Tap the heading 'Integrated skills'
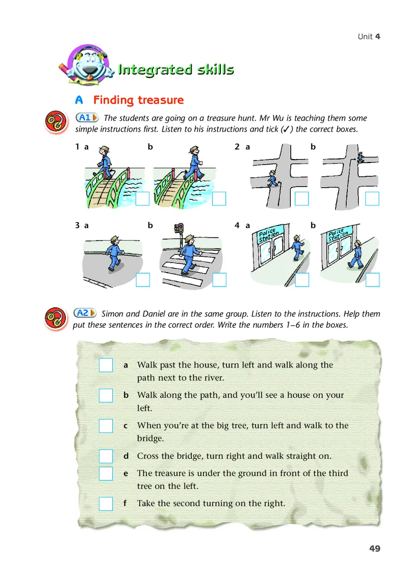click(176, 69)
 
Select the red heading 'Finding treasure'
click(138, 100)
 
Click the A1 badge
click(87, 117)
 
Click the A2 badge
click(85, 313)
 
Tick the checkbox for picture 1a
click(142, 199)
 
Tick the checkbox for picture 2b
click(372, 199)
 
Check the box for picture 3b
click(219, 280)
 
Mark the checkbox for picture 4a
click(302, 280)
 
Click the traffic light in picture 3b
click(180, 229)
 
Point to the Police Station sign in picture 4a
click(268, 234)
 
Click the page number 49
click(375, 548)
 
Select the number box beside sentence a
click(106, 365)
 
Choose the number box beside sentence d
click(106, 456)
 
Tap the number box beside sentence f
click(106, 504)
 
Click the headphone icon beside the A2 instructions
click(56, 319)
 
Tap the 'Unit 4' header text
click(369, 36)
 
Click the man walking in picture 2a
click(272, 178)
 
